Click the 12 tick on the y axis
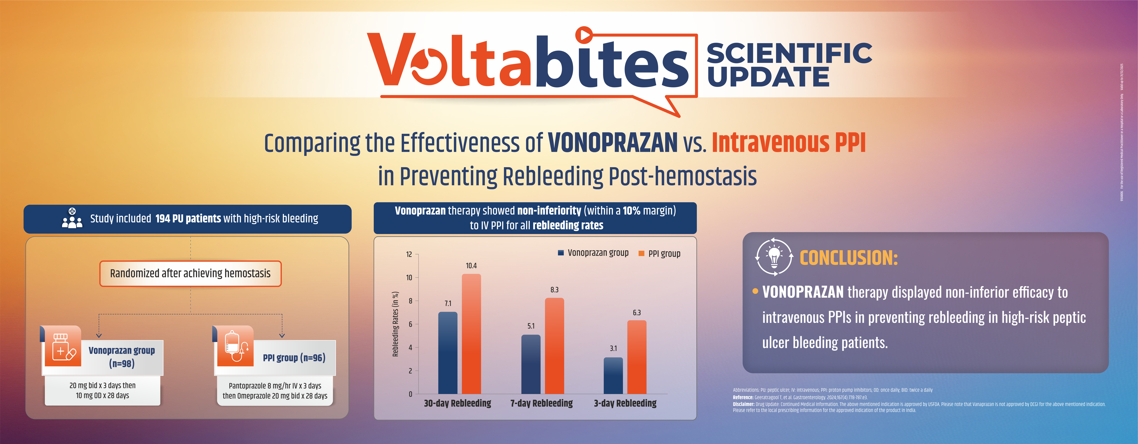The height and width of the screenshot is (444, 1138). [409, 254]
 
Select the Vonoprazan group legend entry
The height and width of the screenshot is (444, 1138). [593, 253]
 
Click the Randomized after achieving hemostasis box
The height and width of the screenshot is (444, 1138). [190, 274]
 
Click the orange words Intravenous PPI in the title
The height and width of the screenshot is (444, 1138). [789, 143]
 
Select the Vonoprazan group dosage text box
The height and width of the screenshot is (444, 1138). [103, 391]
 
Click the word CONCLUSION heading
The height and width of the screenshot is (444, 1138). [848, 258]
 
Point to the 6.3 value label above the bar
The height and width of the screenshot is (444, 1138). [637, 312]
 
